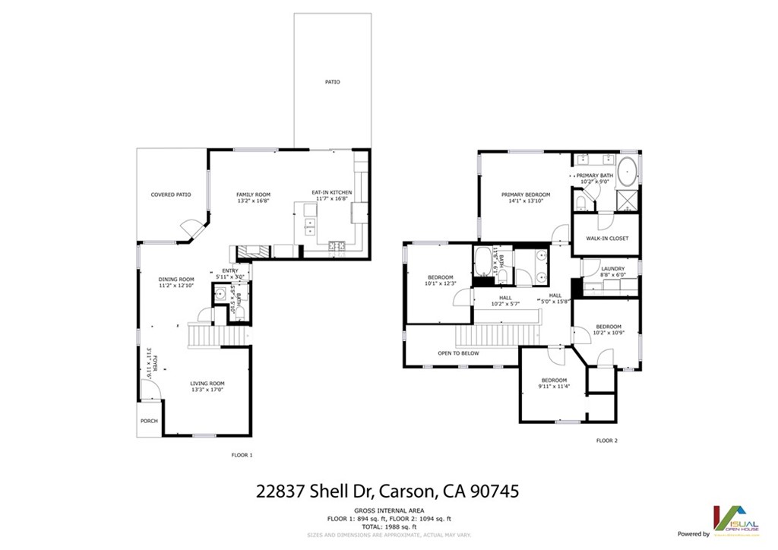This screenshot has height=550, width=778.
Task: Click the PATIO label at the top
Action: click(333, 82)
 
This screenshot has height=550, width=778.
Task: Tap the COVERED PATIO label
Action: click(170, 194)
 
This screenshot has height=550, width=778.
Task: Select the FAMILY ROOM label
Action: click(253, 194)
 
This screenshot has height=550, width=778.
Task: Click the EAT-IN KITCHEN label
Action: click(331, 192)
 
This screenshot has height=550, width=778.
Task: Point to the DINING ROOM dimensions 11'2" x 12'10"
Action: click(176, 286)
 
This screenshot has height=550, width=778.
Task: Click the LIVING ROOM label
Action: click(207, 384)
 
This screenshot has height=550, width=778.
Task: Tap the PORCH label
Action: click(148, 421)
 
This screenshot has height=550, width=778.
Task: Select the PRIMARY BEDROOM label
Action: click(525, 194)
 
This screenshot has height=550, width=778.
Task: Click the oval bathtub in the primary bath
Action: click(627, 173)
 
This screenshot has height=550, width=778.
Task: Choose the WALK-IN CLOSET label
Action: click(607, 239)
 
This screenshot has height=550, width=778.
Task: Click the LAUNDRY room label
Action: click(612, 268)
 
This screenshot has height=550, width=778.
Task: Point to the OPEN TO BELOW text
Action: click(458, 353)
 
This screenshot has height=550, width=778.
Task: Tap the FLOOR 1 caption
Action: click(242, 455)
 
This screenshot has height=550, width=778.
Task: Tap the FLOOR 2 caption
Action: click(606, 441)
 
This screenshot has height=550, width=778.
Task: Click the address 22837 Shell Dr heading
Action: click(388, 491)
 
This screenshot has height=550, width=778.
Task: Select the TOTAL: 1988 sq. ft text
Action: click(389, 526)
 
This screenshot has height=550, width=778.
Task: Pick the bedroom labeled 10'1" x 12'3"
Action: click(440, 280)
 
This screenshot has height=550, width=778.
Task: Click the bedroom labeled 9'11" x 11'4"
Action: click(554, 384)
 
